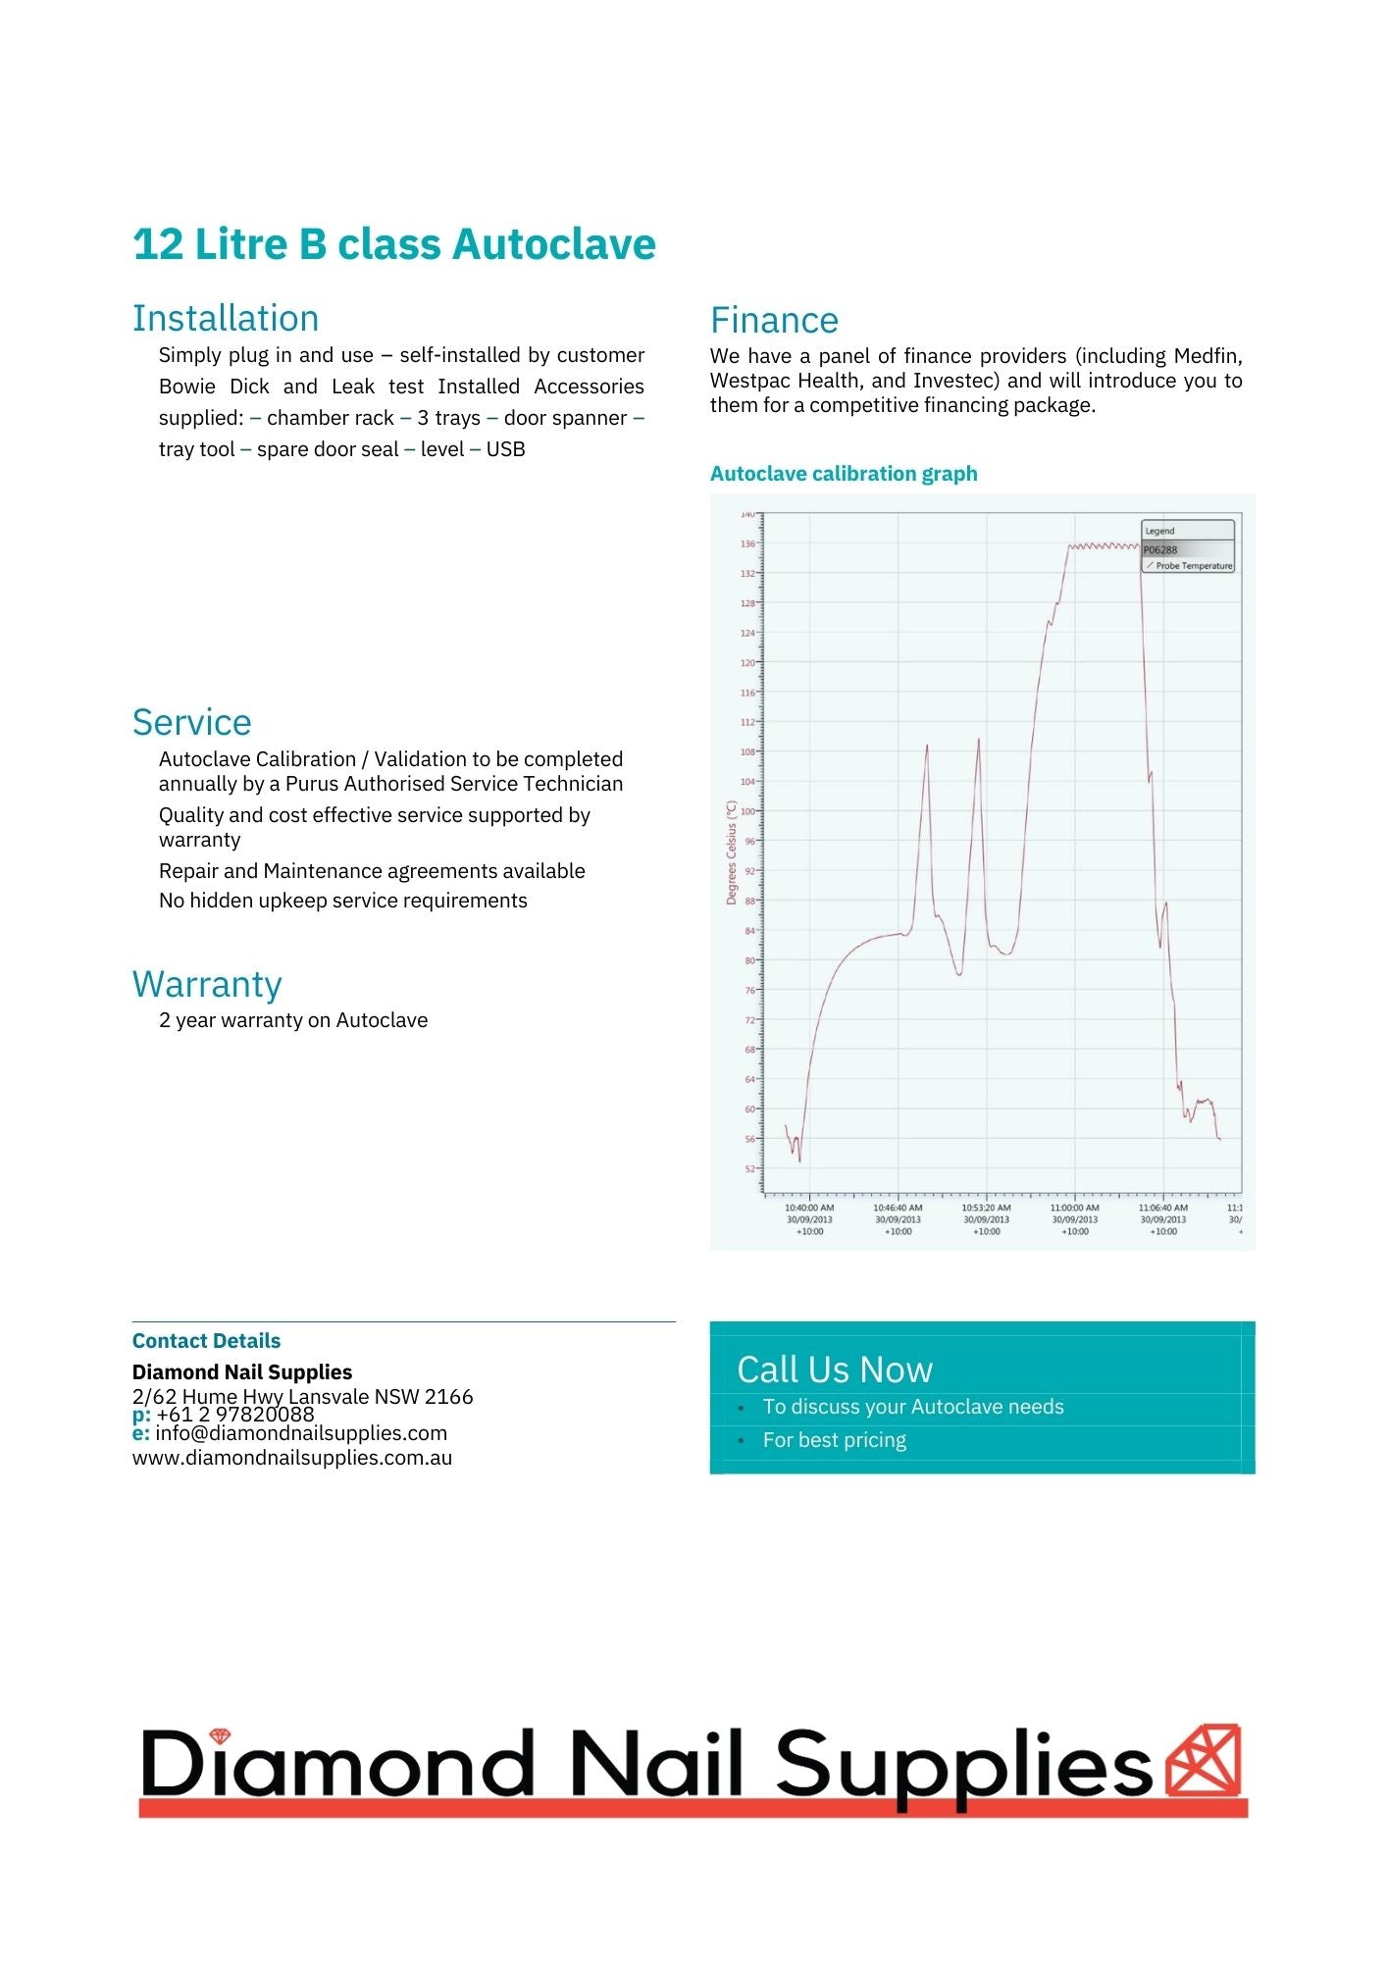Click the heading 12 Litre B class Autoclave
[393, 244]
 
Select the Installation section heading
[226, 319]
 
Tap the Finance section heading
[774, 321]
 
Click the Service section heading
[191, 723]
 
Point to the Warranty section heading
[207, 984]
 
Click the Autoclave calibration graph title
[844, 474]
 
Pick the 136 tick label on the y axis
[747, 543]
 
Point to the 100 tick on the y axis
[747, 811]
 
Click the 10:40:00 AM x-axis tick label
[809, 1209]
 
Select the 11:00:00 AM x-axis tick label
[1074, 1209]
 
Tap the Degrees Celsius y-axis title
[732, 852]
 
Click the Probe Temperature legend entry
[1193, 566]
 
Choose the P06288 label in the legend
[1160, 550]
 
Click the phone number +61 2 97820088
[234, 1415]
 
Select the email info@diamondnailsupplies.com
[300, 1433]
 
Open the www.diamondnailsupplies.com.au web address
[292, 1458]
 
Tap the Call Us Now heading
[835, 1369]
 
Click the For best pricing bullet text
[834, 1440]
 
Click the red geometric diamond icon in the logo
[1204, 1761]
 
